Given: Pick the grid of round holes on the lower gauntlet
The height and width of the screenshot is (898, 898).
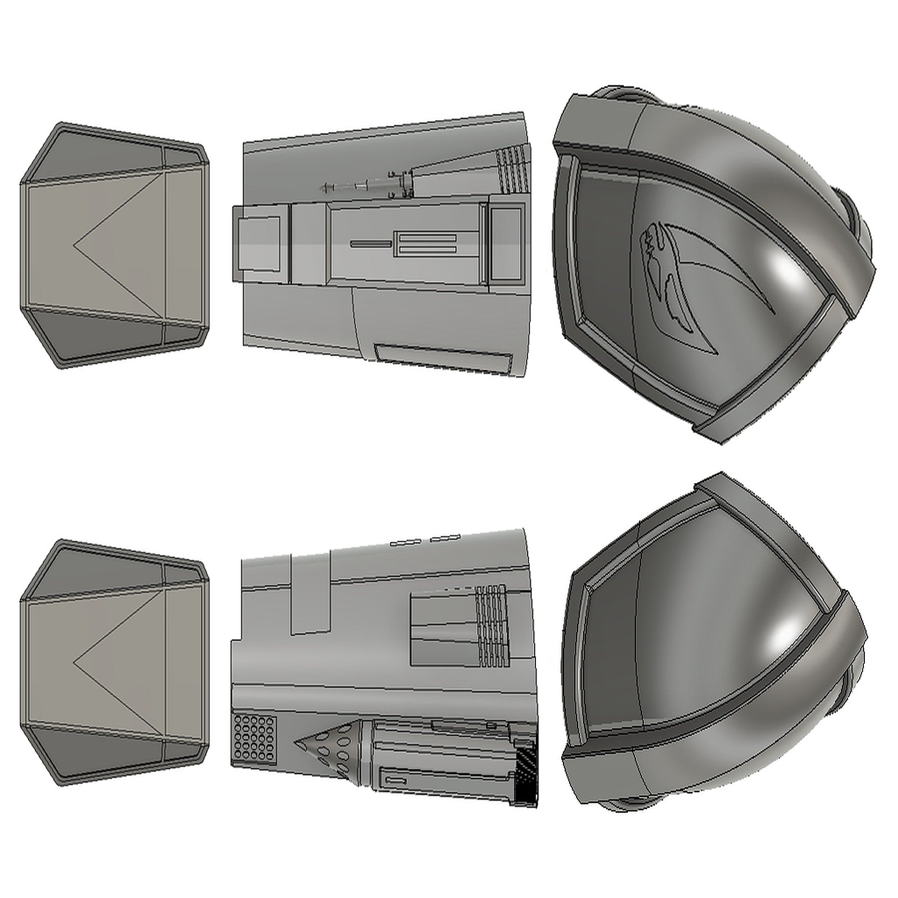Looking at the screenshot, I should (x=254, y=739).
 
